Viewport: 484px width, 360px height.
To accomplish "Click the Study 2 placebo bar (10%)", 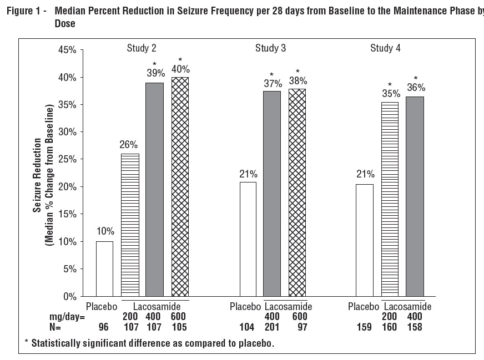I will (x=104, y=268).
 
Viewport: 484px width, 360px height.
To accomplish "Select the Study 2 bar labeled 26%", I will (x=130, y=225).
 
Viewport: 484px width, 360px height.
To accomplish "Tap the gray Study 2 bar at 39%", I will (x=154, y=189).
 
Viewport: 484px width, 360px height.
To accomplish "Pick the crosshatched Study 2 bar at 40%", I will (x=180, y=186).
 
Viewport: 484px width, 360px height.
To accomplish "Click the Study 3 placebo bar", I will (x=248, y=239).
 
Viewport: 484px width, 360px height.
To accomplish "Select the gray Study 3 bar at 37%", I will (x=272, y=194).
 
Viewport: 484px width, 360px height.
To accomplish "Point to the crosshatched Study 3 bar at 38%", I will (x=298, y=192).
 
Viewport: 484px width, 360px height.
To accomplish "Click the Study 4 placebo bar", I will (x=364, y=240).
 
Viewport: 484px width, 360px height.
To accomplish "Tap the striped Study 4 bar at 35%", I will (x=390, y=199).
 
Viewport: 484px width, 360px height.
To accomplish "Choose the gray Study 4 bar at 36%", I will (x=415, y=196).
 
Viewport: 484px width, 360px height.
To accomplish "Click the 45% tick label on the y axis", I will (x=67, y=50).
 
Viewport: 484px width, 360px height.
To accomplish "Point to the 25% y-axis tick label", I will (x=67, y=159).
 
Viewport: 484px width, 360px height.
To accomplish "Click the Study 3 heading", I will (x=270, y=48).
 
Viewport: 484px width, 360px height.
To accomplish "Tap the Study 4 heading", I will (x=385, y=48).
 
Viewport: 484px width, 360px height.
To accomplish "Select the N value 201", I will (x=273, y=327).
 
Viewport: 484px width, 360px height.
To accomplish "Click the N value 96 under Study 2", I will (x=104, y=327).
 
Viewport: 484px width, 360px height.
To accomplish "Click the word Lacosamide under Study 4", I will (x=407, y=307).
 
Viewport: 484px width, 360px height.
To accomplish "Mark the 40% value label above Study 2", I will (x=180, y=69).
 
